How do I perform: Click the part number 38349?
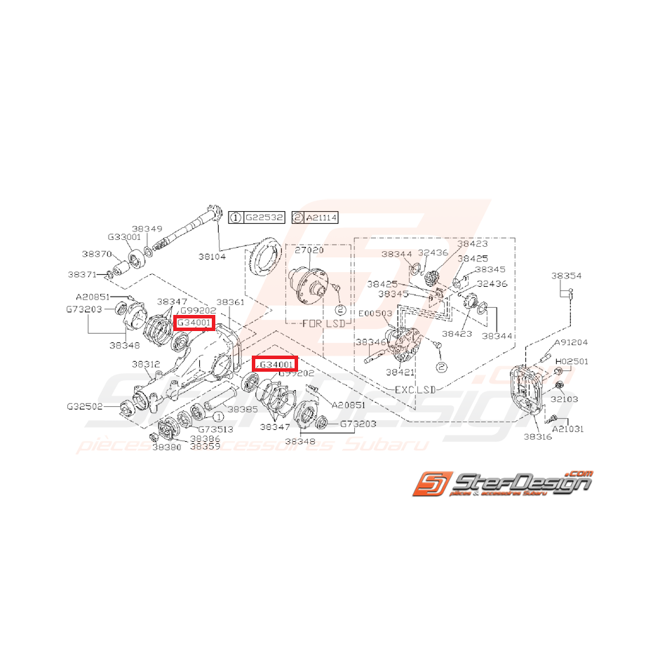147,229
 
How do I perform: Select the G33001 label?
125,237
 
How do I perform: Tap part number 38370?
95,254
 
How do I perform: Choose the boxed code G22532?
264,218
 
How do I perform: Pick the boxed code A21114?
321,218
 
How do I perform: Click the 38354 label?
566,276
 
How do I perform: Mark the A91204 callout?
572,343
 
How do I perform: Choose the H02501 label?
572,361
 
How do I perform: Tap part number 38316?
537,436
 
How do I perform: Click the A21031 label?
568,428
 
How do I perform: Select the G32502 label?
84,406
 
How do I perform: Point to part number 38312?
147,364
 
